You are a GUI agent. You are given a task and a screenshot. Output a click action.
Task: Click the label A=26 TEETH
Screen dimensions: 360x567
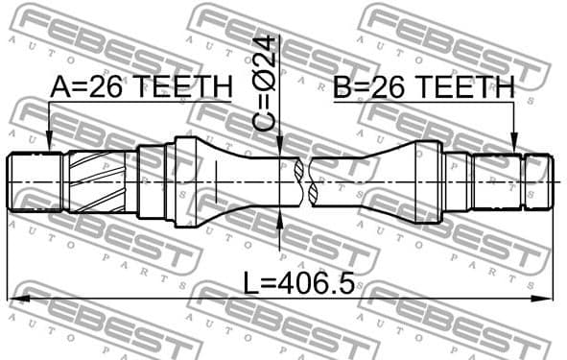[x=141, y=87]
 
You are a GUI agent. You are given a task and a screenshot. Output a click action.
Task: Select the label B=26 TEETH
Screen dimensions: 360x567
[x=425, y=87]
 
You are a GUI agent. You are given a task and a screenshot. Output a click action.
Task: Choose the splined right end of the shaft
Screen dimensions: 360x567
[x=534, y=181]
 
